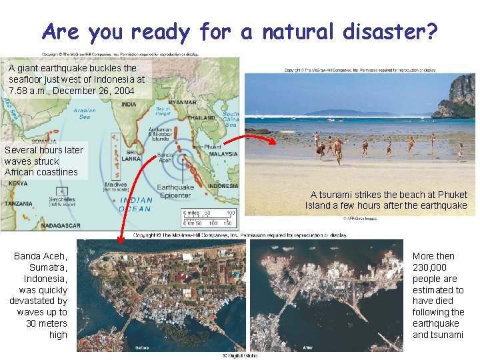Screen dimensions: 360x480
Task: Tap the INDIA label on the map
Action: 128,104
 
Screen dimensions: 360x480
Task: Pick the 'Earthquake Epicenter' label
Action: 175,191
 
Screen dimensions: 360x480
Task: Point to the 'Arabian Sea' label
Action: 84,113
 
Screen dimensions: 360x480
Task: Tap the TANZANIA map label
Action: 18,204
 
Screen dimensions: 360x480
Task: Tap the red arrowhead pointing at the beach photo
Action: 273,141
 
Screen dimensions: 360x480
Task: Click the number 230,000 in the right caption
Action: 430,267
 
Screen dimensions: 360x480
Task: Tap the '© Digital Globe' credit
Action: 239,356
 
